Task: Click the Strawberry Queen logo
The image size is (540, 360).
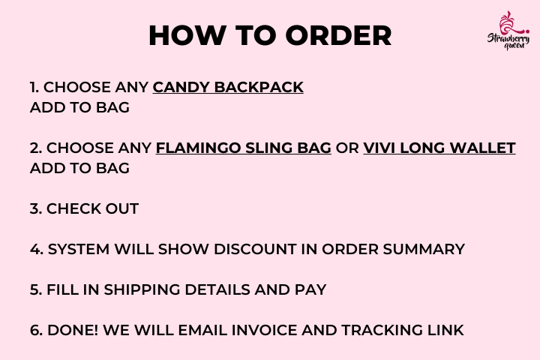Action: (x=508, y=31)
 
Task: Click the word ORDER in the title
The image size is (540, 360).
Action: (x=339, y=35)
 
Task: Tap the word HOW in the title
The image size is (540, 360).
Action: (x=187, y=35)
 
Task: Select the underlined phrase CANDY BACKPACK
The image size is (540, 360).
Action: (x=228, y=87)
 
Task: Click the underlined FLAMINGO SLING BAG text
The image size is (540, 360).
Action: (x=244, y=148)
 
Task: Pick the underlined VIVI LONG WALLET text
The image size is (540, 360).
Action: (x=439, y=148)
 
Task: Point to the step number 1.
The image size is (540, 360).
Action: (x=34, y=87)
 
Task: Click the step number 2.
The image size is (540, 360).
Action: (x=36, y=148)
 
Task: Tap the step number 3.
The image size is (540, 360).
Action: (x=36, y=208)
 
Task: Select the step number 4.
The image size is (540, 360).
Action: (x=37, y=249)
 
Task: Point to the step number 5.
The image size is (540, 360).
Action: (x=36, y=289)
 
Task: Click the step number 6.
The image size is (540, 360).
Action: (x=36, y=330)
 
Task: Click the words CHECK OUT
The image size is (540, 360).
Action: (x=93, y=208)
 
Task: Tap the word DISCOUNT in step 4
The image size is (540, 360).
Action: (x=255, y=249)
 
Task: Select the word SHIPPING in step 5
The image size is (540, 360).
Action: (x=142, y=289)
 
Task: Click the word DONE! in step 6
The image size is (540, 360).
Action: (x=73, y=330)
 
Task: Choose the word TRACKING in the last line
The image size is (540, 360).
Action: (x=382, y=330)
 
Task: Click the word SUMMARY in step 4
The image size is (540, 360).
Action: (x=424, y=249)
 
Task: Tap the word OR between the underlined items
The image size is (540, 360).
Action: (x=347, y=148)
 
